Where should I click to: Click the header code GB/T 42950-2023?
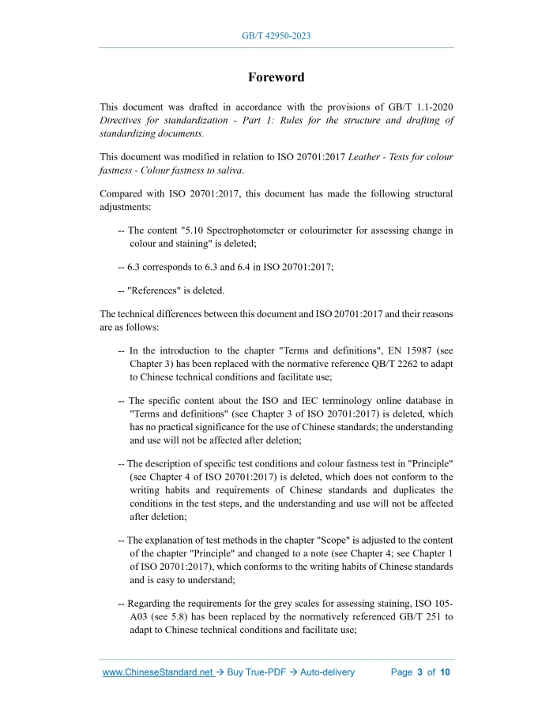[276, 36]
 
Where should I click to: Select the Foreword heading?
[276, 77]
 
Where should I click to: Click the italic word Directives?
[123, 121]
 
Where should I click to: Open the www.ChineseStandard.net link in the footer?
[159, 672]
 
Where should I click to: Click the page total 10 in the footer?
[445, 672]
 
